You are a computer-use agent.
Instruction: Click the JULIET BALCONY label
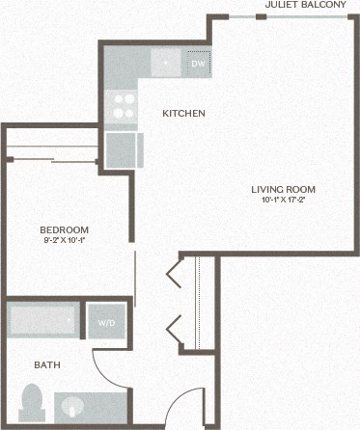point(305,5)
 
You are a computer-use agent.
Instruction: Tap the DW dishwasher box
point(198,64)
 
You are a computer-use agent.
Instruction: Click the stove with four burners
point(123,104)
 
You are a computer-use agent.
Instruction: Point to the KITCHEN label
point(183,114)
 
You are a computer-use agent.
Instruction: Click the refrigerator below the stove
point(123,150)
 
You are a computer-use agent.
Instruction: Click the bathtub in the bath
point(43,319)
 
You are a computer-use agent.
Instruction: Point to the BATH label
point(47,365)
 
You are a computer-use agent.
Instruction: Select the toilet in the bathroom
point(33,402)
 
